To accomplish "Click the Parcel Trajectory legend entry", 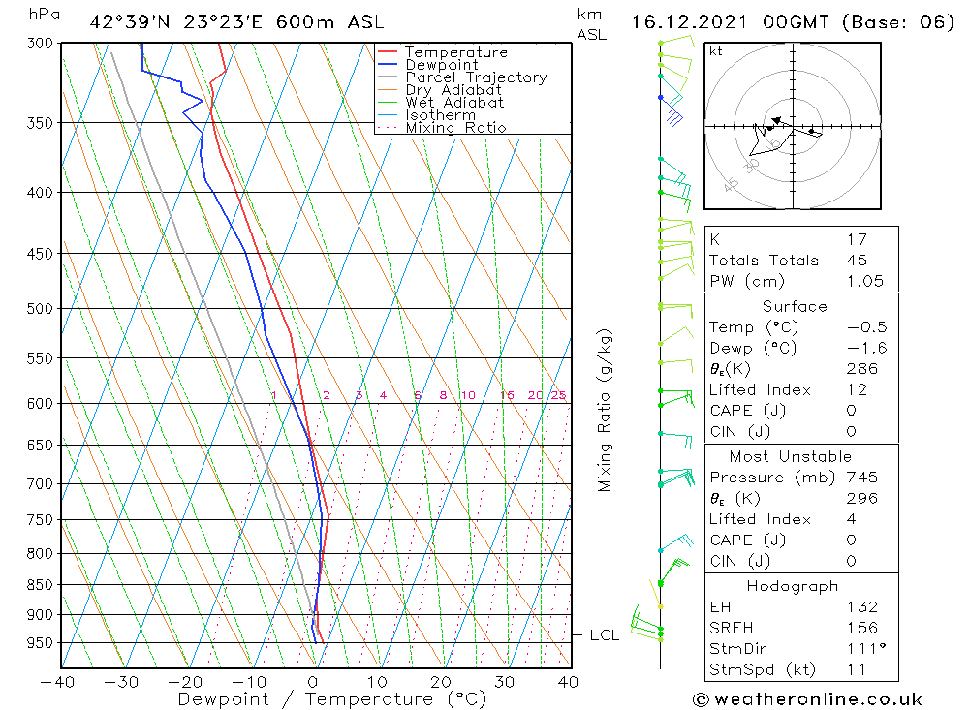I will point(476,77).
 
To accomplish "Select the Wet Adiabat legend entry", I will point(454,103).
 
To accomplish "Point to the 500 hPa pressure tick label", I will point(39,309).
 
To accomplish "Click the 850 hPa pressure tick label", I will point(39,585).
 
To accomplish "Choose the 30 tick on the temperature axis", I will point(504,682).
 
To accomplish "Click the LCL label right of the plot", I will point(604,635).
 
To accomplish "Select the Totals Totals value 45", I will point(857,261).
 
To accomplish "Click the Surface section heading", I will point(795,307).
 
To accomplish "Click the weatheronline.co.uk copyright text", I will point(807,699).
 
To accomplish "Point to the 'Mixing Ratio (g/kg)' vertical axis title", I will point(605,410).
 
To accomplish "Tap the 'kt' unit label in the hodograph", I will point(716,51).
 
